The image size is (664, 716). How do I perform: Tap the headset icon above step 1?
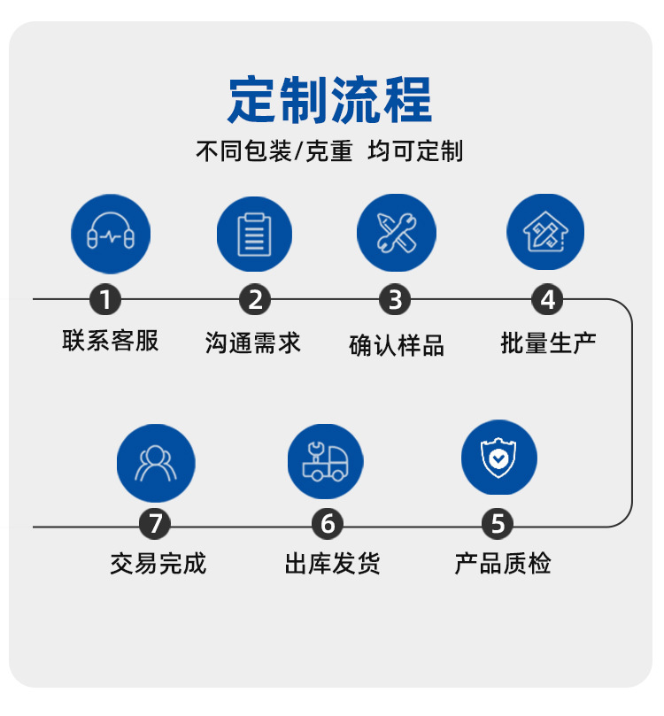(x=111, y=234)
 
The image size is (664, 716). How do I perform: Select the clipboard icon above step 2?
(x=254, y=234)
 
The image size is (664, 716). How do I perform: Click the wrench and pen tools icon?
(x=396, y=233)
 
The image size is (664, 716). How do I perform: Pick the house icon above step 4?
(x=545, y=233)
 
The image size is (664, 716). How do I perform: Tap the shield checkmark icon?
(x=498, y=458)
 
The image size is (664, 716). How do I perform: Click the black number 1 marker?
(x=105, y=300)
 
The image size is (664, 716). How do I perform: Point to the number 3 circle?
(x=395, y=300)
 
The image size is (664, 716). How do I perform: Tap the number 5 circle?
(x=498, y=524)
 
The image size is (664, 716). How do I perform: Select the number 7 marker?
(x=156, y=524)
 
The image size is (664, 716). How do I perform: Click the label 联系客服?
(x=111, y=341)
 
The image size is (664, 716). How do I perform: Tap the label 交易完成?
(x=158, y=564)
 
